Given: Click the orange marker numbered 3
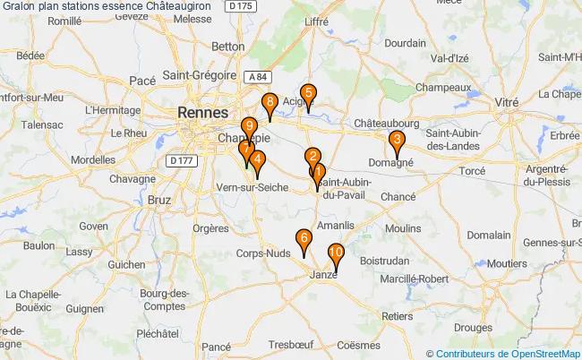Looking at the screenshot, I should (x=396, y=141).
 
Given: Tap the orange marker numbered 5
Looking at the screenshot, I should (x=307, y=93).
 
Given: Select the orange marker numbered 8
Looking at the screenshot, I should (x=270, y=103).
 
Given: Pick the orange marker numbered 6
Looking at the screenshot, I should (x=304, y=239).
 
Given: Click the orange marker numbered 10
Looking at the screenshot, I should (x=336, y=253).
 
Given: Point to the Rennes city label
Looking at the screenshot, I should (x=202, y=113).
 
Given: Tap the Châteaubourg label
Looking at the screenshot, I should (x=387, y=119).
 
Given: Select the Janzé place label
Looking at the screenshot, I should (x=323, y=274).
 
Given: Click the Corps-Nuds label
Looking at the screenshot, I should (x=263, y=253).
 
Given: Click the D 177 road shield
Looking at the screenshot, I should (x=181, y=159).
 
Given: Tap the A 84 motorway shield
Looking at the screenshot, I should (x=257, y=78).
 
